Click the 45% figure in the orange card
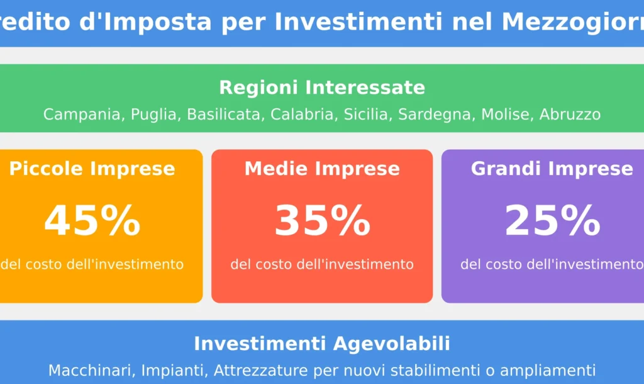point(92,221)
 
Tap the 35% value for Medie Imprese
point(322,221)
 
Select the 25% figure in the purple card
point(552,221)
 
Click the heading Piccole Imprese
point(92,169)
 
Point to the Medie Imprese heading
point(322,169)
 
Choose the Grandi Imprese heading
point(552,169)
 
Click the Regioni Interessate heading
point(322,88)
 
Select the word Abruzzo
point(570,115)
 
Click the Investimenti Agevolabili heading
point(322,344)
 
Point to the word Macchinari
point(92,370)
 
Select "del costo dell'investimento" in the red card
point(322,264)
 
